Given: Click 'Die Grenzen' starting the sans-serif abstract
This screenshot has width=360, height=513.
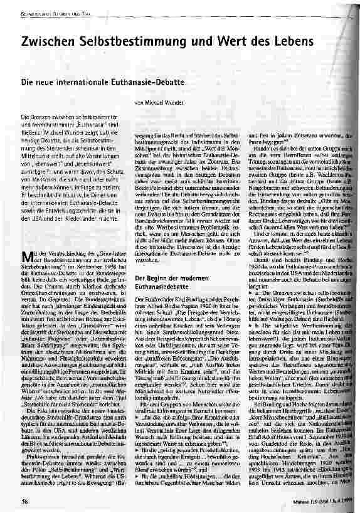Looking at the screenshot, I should coord(33,117).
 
